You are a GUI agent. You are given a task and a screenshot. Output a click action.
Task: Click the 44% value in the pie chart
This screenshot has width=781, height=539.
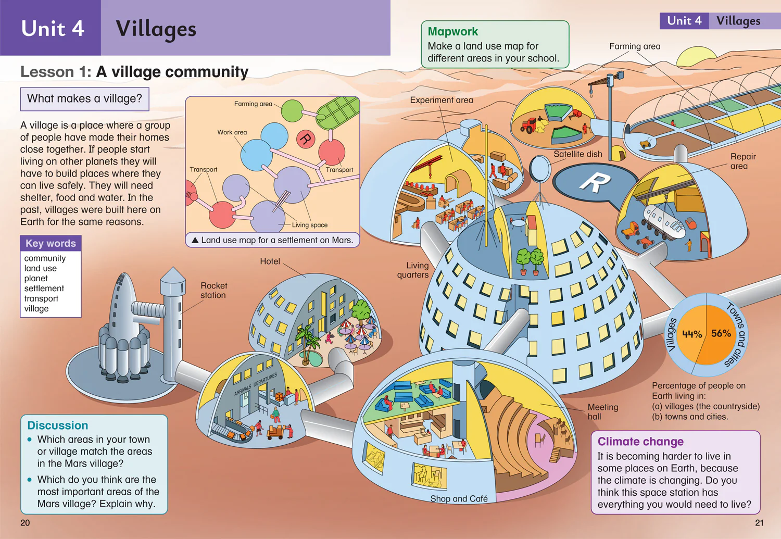point(692,334)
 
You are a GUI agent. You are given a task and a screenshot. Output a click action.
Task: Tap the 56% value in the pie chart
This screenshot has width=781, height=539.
point(721,333)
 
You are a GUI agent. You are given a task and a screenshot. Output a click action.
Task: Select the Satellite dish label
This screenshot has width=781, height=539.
point(578,154)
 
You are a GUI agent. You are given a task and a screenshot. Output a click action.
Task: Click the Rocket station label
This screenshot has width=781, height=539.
point(213,291)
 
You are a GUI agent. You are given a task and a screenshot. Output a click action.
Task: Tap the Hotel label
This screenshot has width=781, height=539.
point(270,261)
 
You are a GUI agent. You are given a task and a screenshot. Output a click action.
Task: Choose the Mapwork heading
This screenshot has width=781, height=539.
point(452,31)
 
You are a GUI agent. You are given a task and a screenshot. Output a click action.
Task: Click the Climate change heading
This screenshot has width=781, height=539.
point(640,442)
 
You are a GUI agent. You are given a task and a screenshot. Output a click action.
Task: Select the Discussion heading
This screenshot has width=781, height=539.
point(57,425)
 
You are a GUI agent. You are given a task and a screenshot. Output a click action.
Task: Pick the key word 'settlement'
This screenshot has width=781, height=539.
point(44,289)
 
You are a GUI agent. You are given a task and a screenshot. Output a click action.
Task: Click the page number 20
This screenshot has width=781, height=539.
point(25,523)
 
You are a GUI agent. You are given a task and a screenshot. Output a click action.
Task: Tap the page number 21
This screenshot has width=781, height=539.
point(759,523)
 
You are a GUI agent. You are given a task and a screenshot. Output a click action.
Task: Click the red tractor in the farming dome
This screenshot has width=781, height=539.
point(530,125)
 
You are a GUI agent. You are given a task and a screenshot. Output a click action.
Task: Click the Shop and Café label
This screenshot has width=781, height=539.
point(459,498)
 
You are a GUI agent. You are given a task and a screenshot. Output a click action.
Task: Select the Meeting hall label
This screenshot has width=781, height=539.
point(603,412)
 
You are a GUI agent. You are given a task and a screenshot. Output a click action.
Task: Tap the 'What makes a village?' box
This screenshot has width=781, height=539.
point(85,99)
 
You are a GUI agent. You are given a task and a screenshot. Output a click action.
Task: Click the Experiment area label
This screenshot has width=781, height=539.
point(442,100)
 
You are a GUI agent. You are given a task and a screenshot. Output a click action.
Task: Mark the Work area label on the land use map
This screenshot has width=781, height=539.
point(232,132)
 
